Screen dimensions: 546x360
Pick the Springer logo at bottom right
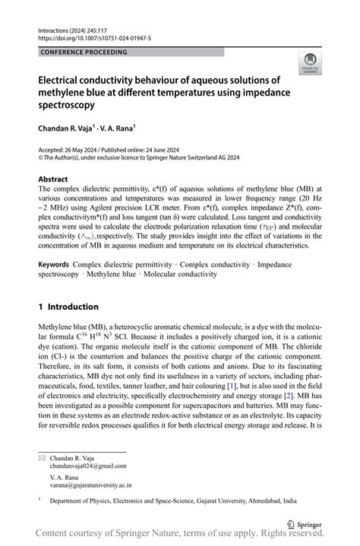click(302, 523)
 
